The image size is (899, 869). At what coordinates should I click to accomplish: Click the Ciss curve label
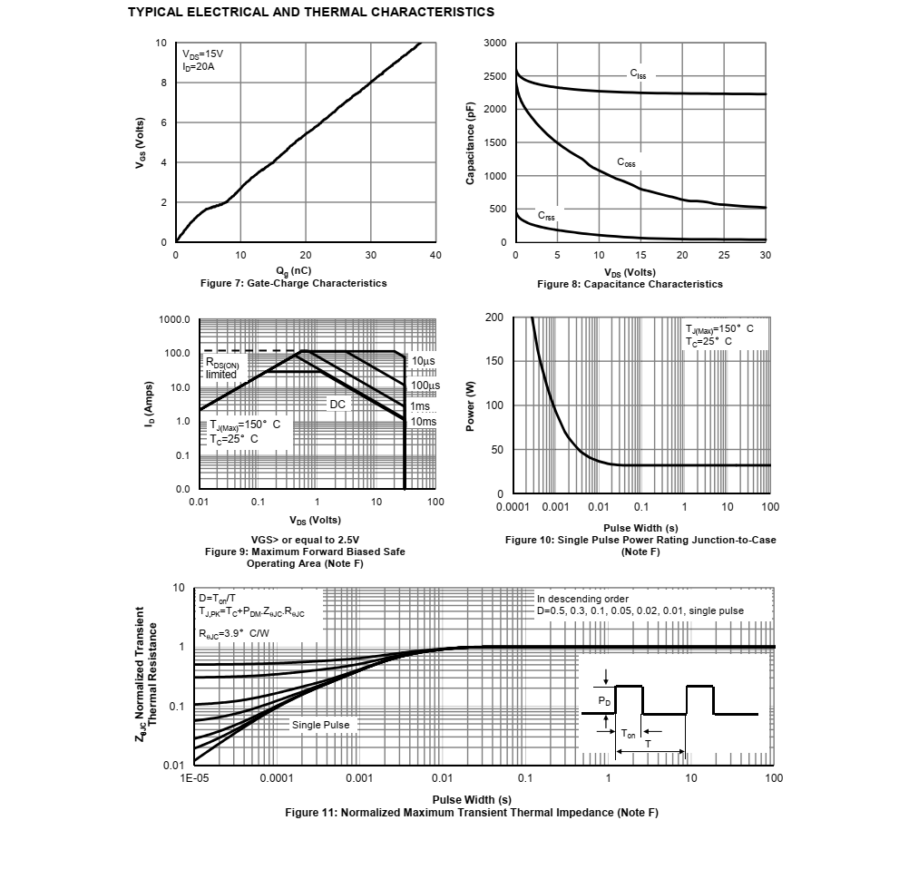(x=639, y=73)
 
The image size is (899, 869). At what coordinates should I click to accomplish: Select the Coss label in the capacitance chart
(x=626, y=162)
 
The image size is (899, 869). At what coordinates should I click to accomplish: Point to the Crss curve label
(x=546, y=216)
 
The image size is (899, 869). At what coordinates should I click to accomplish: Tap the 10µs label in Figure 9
(x=423, y=361)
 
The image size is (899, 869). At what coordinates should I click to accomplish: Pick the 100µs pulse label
(x=425, y=386)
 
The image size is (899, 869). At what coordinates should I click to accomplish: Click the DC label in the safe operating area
(x=338, y=403)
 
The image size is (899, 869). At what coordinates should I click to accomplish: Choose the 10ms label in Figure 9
(x=423, y=421)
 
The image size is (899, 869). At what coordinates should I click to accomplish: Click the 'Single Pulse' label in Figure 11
(x=320, y=725)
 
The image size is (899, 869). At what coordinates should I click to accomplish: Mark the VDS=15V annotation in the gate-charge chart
(x=202, y=54)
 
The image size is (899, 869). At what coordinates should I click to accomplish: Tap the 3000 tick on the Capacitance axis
(x=495, y=44)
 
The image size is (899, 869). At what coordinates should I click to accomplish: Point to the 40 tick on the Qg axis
(x=435, y=256)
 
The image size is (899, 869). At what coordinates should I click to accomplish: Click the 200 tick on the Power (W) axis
(x=494, y=317)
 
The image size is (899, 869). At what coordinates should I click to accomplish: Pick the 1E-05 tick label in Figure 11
(x=195, y=778)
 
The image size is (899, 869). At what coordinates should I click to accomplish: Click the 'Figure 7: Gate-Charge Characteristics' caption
(x=293, y=283)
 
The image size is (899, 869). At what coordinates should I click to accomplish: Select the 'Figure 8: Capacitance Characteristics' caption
(x=630, y=284)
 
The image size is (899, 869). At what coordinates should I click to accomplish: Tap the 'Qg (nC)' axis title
(x=294, y=270)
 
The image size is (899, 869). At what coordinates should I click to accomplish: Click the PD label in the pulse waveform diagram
(x=604, y=702)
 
